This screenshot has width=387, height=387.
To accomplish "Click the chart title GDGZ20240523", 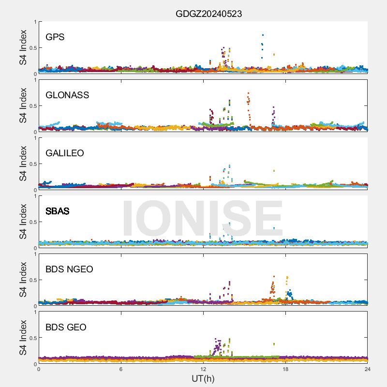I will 208,14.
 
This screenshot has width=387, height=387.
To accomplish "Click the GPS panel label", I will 55,37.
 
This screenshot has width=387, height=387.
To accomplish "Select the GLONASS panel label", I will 67,95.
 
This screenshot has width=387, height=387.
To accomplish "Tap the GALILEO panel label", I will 65,153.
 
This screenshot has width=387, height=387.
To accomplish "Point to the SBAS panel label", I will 58,211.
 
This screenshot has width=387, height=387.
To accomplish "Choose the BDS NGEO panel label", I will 69,269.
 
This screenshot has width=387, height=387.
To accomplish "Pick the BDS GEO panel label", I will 66,327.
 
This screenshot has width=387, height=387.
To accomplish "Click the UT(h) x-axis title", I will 203,378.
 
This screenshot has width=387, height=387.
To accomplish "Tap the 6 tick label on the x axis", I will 121,369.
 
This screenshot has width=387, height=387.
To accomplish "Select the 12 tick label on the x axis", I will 203,369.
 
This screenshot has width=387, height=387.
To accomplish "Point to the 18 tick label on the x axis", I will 285,369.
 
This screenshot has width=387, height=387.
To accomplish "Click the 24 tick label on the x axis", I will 368,369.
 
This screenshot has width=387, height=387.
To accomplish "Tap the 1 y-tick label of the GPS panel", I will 34,22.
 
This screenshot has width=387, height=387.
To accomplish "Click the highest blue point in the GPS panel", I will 263,35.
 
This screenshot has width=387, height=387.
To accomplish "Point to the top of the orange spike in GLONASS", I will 248,93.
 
